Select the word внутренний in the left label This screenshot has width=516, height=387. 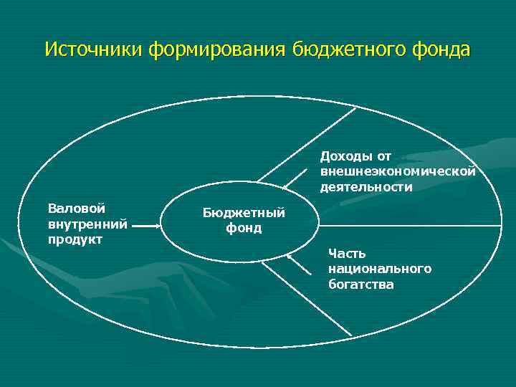coord(87,224)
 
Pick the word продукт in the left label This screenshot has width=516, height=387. coord(76,239)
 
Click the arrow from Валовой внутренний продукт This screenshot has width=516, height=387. coord(148,226)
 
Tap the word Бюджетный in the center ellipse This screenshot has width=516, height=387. coord(244,213)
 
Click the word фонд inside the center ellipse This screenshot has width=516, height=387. coord(244,229)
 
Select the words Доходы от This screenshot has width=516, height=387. coord(355,156)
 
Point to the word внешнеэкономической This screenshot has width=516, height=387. coord(398,172)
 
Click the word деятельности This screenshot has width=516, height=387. coord(366,187)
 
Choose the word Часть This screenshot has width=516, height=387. coord(347,253)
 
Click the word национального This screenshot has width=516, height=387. coord(380,269)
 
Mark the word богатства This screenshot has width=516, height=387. coord(361,285)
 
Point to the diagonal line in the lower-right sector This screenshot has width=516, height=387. coord(308,300)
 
